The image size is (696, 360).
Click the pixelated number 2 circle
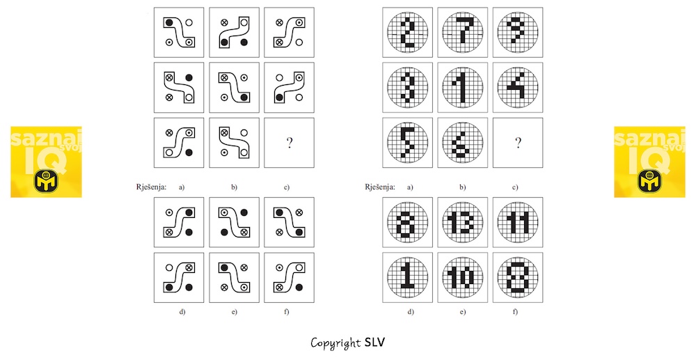[407, 33]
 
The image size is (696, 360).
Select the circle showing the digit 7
[463, 33]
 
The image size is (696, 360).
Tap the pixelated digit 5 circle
[407, 143]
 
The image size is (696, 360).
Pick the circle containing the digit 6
[463, 143]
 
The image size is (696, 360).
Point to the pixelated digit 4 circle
[518, 88]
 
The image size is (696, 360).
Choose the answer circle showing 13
[463, 222]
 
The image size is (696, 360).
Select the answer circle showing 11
[518, 222]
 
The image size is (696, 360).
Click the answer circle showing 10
[463, 277]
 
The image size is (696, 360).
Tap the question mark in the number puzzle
[518, 143]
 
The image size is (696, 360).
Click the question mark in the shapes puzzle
[290, 143]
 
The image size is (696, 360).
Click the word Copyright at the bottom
[335, 343]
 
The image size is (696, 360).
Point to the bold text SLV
[375, 343]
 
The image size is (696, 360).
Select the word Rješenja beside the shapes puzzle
[151, 187]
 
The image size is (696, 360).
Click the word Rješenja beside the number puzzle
[380, 187]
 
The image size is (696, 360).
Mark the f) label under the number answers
[515, 312]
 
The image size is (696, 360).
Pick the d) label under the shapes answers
[182, 312]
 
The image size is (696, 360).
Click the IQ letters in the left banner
[46, 159]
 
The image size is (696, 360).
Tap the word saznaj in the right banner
[649, 138]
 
